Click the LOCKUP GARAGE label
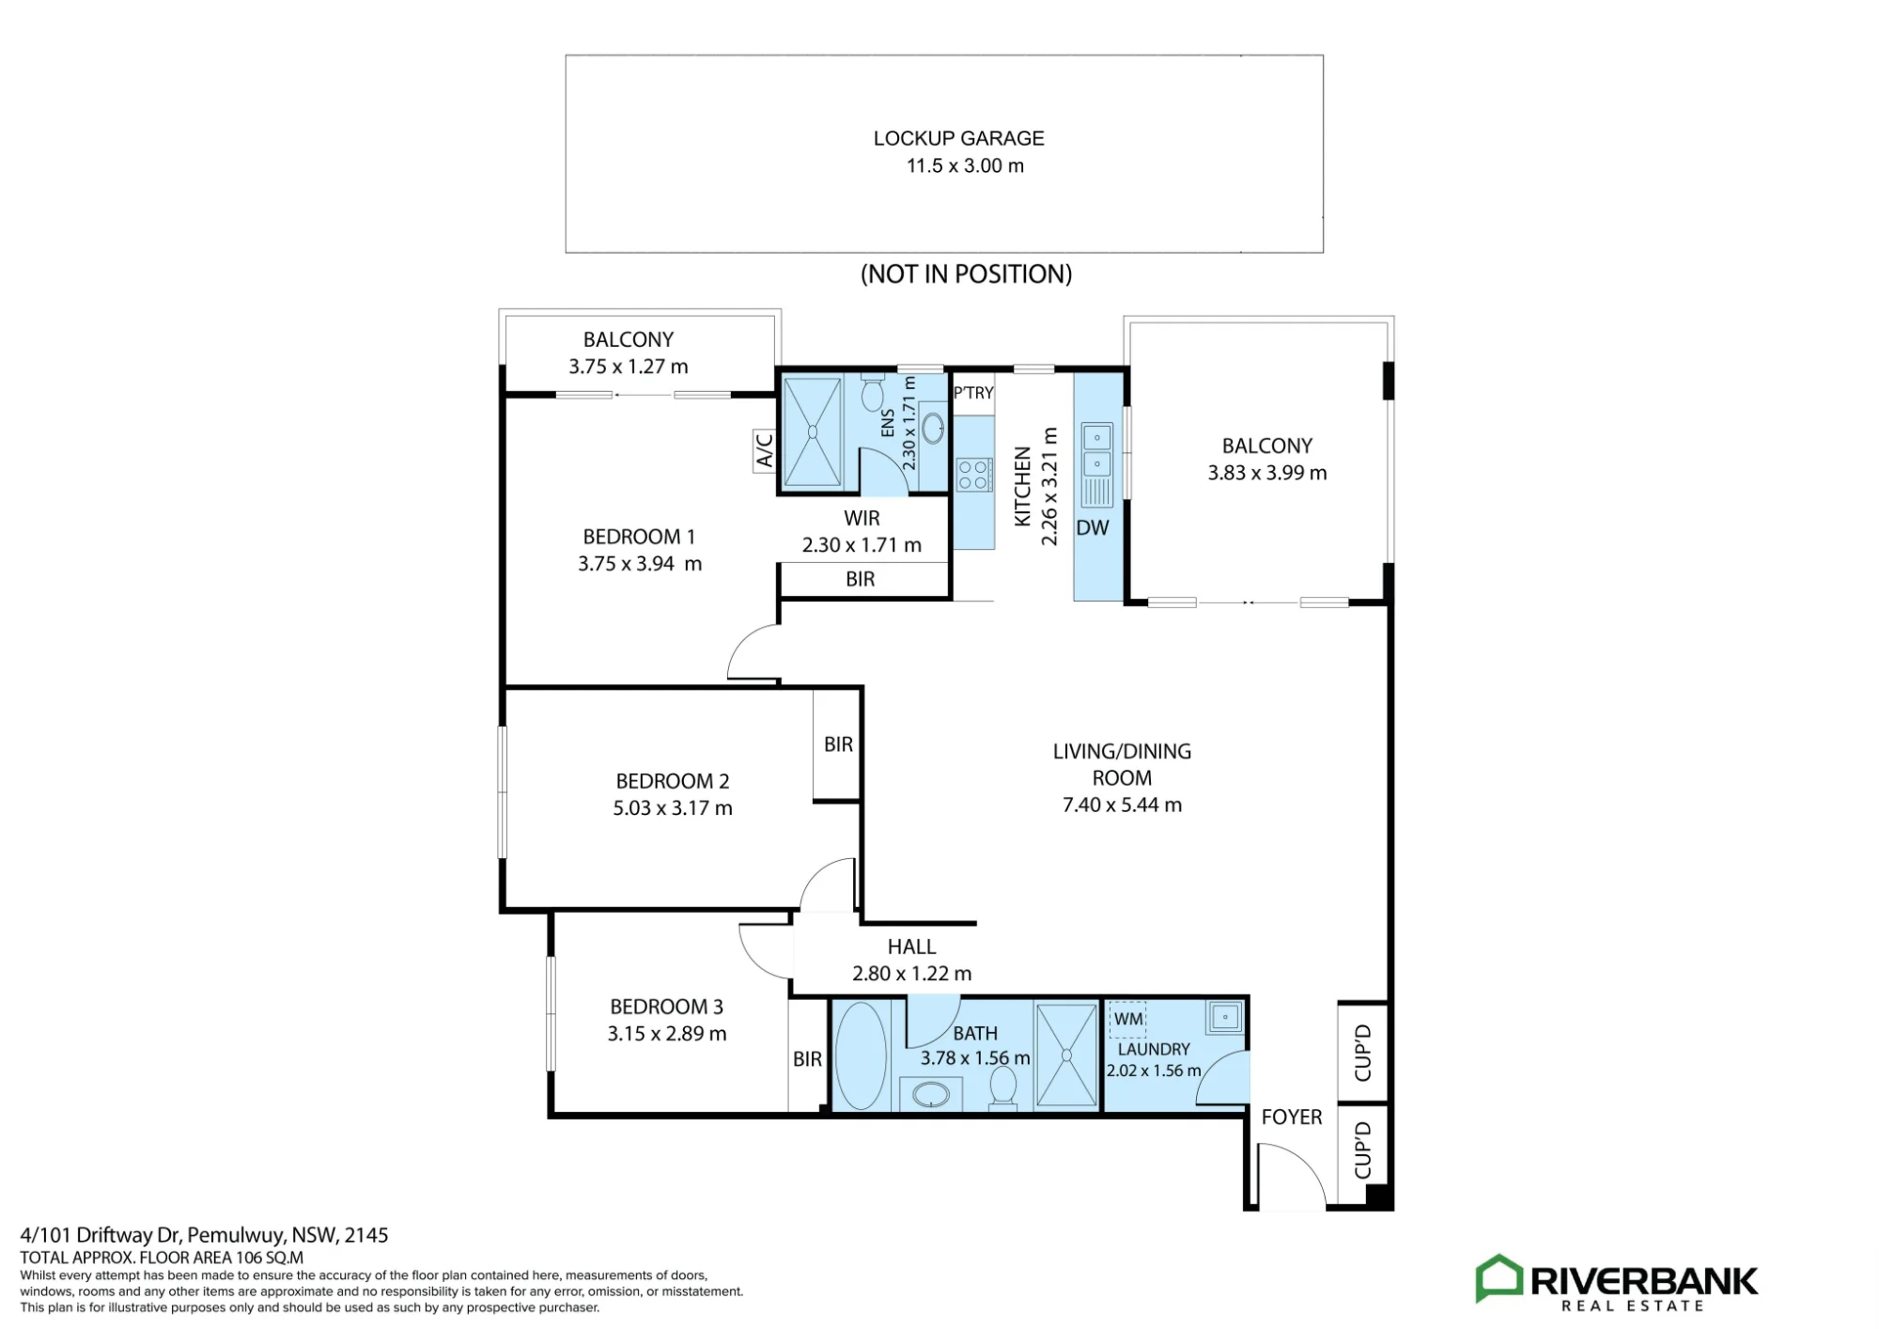958,138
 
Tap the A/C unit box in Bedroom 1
765,451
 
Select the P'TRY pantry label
973,393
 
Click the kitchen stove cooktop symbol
973,474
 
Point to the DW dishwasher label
1093,528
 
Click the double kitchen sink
1097,450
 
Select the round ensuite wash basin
933,428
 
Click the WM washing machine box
1128,1020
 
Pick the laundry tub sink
1225,1017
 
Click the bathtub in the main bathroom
861,1055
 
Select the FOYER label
1292,1117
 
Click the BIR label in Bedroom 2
838,744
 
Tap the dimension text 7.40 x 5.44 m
1122,805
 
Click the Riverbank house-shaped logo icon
1499,1278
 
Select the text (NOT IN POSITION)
966,274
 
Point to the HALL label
911,946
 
